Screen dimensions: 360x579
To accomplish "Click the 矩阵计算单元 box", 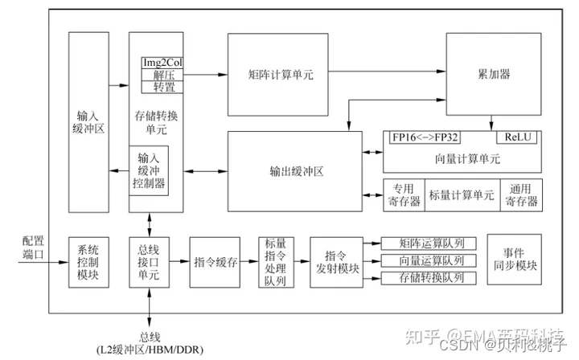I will [281, 74].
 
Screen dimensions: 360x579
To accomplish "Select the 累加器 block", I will [494, 74].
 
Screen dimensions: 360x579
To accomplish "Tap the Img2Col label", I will [162, 63].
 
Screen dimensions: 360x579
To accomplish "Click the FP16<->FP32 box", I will [432, 137].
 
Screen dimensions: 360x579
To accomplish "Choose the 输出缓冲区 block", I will [296, 171].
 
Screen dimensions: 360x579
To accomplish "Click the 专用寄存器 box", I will [402, 195].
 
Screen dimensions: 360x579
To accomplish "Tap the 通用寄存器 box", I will [520, 195].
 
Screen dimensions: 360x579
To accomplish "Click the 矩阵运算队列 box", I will [432, 243].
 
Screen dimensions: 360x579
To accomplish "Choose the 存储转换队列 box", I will [432, 278].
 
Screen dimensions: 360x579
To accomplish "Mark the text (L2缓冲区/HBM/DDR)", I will [150, 349].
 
